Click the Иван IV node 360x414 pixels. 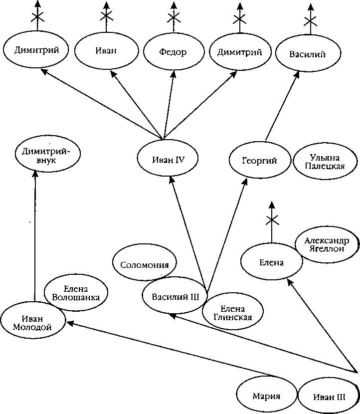tap(168, 159)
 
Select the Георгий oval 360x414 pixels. tap(260, 160)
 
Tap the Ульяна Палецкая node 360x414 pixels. tap(325, 163)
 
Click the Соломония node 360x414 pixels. tap(145, 265)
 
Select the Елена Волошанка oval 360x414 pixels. tap(76, 293)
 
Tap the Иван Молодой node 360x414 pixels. tap(32, 323)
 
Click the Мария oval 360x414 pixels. tap(265, 396)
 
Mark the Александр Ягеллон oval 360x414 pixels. tap(326, 245)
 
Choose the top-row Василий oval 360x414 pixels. tap(307, 54)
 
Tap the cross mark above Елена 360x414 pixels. tap(272, 220)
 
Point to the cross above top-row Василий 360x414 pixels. tap(311, 21)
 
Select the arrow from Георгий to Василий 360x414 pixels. tap(282, 105)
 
